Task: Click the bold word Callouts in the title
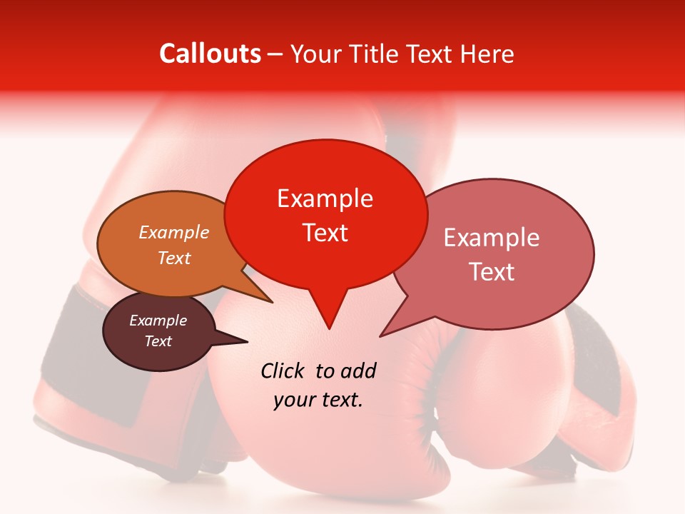click(x=210, y=54)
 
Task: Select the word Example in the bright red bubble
click(x=325, y=198)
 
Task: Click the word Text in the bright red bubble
click(x=325, y=233)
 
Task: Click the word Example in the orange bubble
click(x=174, y=232)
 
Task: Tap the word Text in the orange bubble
click(x=174, y=258)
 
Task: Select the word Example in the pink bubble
click(x=492, y=238)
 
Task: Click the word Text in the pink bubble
click(x=492, y=272)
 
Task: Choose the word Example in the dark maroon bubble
click(x=158, y=321)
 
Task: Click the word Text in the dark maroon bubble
click(x=158, y=341)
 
